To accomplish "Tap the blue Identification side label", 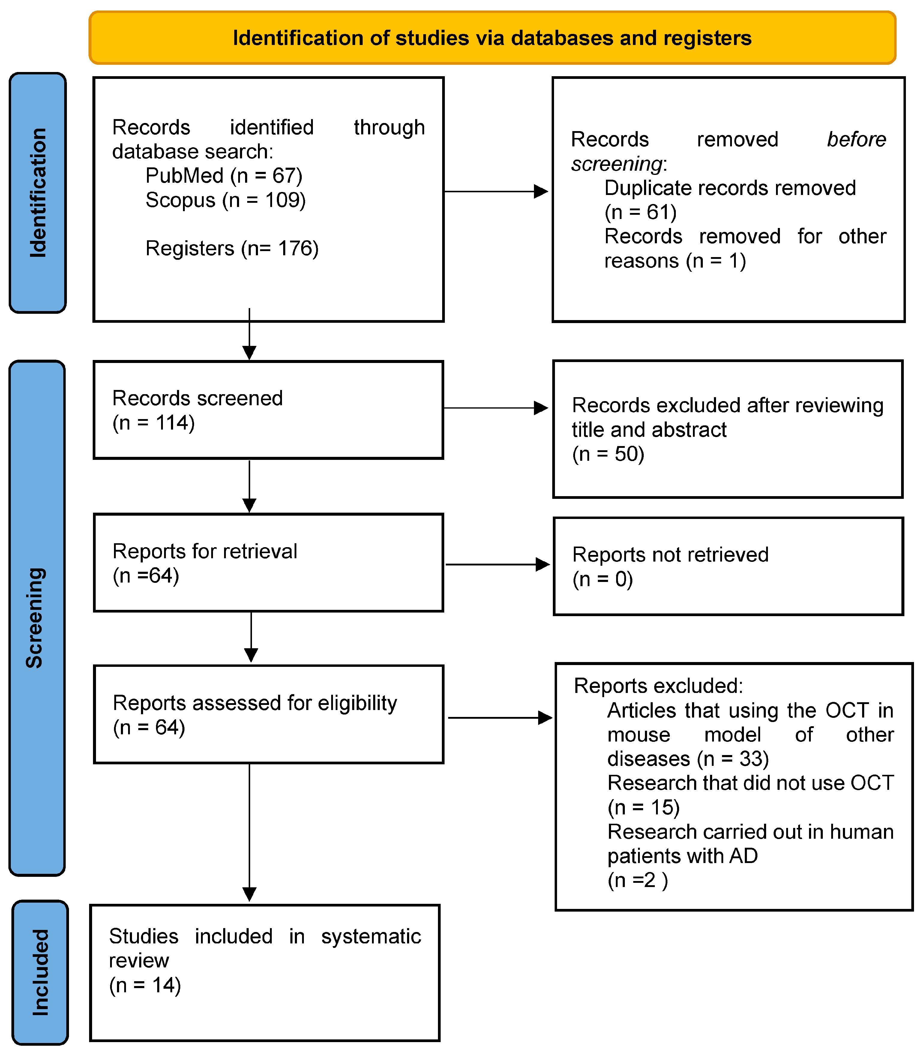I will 38,193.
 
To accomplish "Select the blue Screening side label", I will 37,619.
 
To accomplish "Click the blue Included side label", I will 40,973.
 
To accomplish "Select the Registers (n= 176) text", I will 232,248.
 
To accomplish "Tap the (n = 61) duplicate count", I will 640,212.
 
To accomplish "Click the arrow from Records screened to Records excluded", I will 495,408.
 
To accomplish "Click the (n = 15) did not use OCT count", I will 643,807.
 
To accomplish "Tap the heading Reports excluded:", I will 658,686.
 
